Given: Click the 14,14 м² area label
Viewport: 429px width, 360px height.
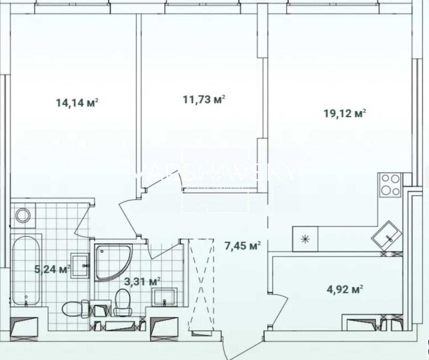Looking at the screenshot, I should tap(77, 103).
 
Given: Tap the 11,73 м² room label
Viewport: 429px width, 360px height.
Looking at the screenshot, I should tap(204, 100).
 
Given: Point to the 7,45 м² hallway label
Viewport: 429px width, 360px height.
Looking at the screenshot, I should tap(242, 246).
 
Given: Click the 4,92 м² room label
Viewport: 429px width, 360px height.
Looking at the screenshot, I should tap(344, 289).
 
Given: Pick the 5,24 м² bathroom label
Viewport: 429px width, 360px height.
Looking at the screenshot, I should tap(54, 269).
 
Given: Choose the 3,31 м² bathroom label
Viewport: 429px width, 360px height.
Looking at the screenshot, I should tap(142, 281).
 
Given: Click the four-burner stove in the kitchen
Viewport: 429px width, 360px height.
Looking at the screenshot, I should tap(390, 184).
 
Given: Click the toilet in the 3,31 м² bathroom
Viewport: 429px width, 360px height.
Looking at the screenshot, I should tap(123, 301).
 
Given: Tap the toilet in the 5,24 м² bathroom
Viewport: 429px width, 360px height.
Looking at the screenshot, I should tap(73, 310).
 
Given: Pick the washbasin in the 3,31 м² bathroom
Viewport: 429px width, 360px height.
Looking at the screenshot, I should tap(164, 297).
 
